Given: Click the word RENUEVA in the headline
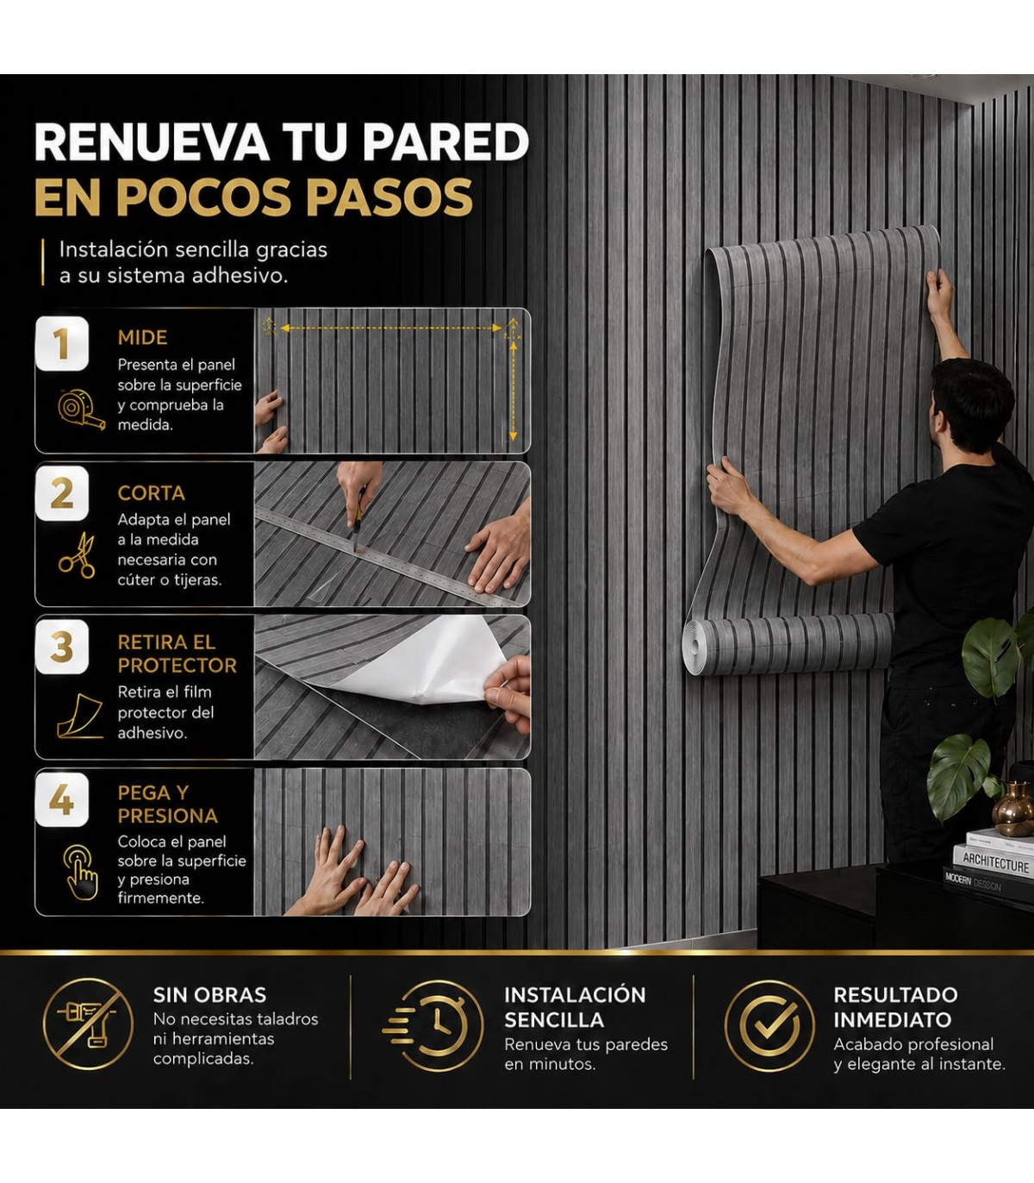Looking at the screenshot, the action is click(x=153, y=141).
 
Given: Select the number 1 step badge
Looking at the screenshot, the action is click(x=62, y=343).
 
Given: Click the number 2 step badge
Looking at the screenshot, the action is click(x=62, y=493).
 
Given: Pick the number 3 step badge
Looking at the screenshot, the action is click(x=62, y=647).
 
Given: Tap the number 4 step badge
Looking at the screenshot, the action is click(x=62, y=799).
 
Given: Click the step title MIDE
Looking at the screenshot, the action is click(x=143, y=337).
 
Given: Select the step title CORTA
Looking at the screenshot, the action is click(x=152, y=493).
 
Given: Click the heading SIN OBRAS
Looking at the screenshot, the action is click(x=209, y=994).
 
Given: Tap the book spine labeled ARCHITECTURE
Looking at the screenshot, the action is click(x=995, y=863).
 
